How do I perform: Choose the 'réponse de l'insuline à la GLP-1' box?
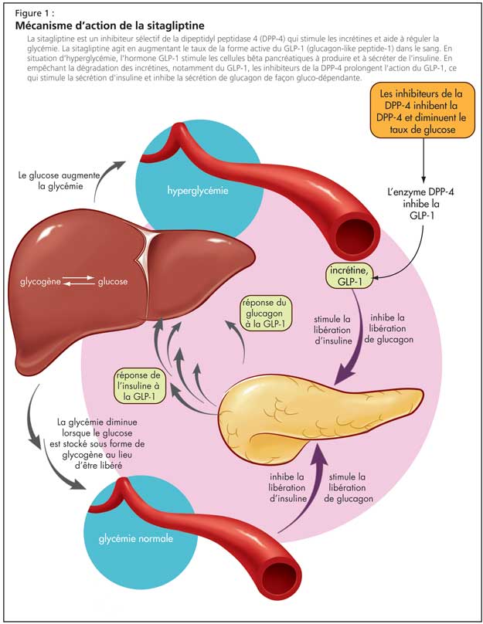(141, 385)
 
